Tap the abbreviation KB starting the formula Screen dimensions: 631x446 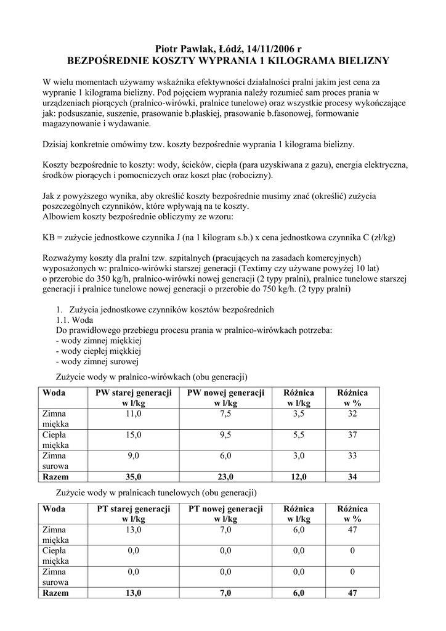(x=49, y=237)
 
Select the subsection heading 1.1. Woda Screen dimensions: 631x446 (x=75, y=320)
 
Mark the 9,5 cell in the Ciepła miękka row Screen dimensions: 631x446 (x=225, y=435)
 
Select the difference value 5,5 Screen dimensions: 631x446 (x=299, y=435)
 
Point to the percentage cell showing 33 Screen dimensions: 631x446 (x=352, y=456)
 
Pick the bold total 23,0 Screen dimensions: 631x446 (x=225, y=477)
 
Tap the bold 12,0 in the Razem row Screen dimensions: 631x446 (x=299, y=477)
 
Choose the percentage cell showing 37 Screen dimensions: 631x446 (x=352, y=435)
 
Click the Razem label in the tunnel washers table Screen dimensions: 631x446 (x=55, y=593)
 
